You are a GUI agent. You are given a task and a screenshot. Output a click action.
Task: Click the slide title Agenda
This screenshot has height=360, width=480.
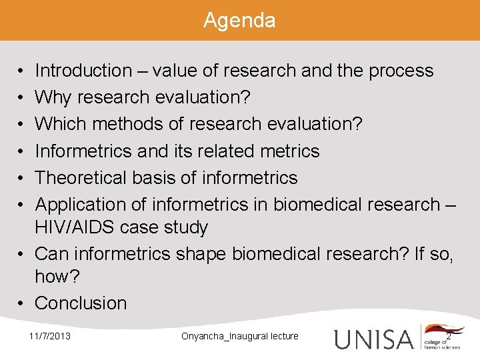(239, 21)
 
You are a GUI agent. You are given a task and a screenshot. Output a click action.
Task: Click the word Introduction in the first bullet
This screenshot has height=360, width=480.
(83, 71)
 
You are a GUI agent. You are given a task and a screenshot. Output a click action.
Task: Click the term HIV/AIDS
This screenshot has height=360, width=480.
(75, 227)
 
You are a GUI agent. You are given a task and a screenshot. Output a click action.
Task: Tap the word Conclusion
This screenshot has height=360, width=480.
(81, 303)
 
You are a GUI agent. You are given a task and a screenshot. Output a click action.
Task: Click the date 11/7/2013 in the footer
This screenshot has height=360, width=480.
(50, 336)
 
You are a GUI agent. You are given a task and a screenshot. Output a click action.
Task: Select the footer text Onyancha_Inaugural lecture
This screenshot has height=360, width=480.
(239, 336)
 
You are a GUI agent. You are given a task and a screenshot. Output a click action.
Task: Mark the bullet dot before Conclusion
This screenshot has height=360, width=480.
(22, 303)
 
